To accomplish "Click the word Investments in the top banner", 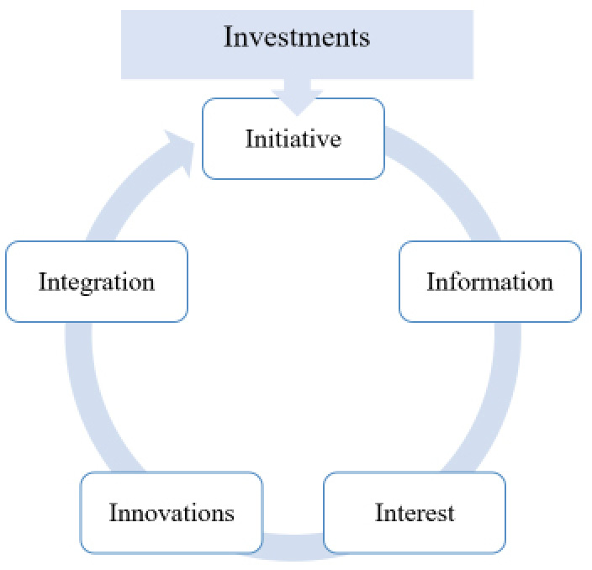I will [296, 37].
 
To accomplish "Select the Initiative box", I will [293, 139].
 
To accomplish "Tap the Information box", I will [489, 282].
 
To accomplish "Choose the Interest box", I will [414, 512].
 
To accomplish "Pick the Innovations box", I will [171, 512].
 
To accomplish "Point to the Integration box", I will [96, 282].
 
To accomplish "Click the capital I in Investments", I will [228, 37].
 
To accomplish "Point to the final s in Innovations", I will [230, 513].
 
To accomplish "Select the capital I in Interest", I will [379, 512].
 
